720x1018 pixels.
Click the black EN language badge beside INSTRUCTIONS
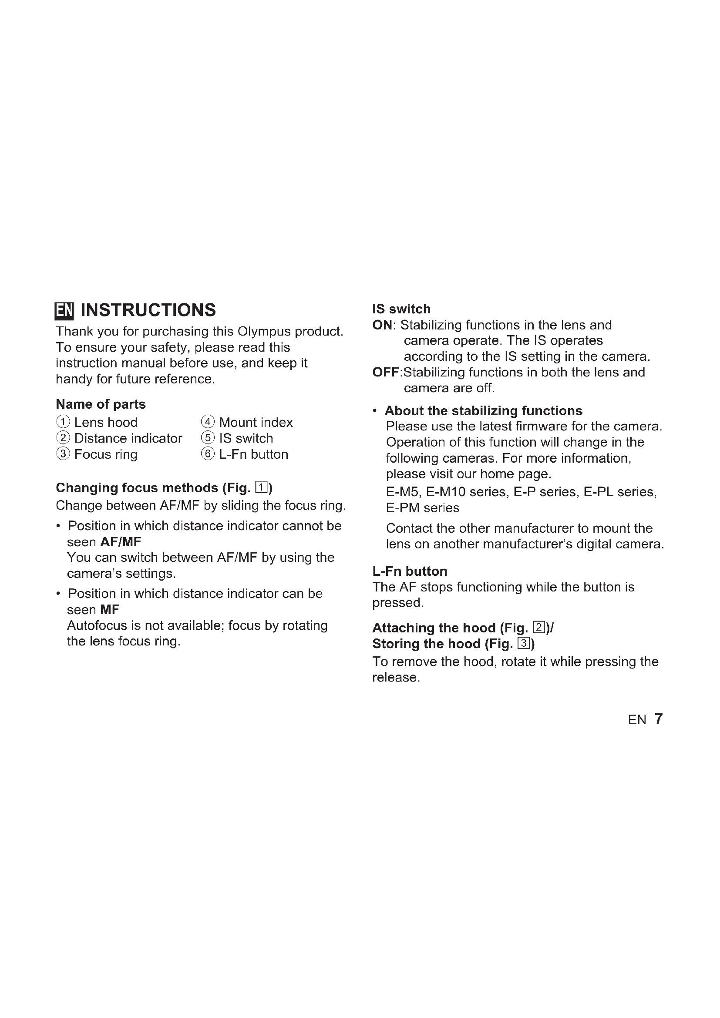tap(64, 310)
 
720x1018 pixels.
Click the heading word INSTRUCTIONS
tap(148, 310)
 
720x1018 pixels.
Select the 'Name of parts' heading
tap(101, 404)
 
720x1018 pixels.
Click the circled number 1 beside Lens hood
tap(63, 422)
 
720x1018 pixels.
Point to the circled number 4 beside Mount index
tap(208, 422)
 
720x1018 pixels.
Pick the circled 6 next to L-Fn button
tap(208, 454)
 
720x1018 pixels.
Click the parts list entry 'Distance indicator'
tap(128, 438)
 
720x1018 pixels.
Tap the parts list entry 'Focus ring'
tap(105, 454)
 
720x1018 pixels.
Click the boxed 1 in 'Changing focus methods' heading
tap(262, 488)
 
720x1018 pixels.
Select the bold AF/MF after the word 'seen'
tap(121, 542)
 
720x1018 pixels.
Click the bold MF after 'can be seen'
tap(110, 610)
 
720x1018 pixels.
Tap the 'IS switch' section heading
tap(401, 309)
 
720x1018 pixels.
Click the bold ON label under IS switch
tap(382, 325)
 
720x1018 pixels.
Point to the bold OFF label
tap(386, 372)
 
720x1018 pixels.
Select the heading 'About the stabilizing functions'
tap(483, 410)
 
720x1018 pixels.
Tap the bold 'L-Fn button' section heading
tap(410, 571)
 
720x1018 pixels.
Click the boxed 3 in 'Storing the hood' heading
tap(524, 643)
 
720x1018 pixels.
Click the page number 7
tap(658, 719)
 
